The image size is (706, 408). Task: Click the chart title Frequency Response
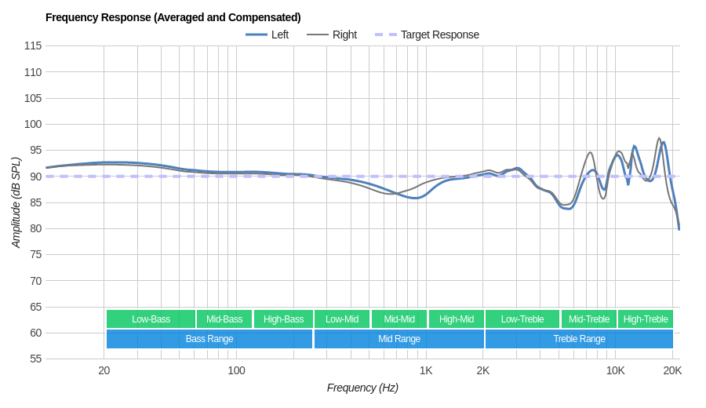(x=173, y=17)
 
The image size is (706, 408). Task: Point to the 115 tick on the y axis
(x=32, y=46)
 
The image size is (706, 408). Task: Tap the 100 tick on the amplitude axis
(x=32, y=124)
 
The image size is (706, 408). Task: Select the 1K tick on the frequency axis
(x=426, y=370)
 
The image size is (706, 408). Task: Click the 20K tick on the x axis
(x=672, y=370)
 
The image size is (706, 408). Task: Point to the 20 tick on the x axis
(x=104, y=370)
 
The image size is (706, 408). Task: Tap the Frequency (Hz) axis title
(x=362, y=388)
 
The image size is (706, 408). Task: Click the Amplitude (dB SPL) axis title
(x=16, y=202)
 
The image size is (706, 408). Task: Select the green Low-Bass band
(x=151, y=319)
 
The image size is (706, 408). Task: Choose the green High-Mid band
(x=457, y=319)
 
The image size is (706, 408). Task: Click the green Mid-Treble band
(x=589, y=319)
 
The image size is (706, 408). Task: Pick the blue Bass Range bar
(x=209, y=339)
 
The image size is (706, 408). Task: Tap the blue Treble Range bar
(x=579, y=339)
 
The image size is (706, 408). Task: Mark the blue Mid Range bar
(x=399, y=339)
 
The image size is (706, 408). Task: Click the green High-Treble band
(x=646, y=319)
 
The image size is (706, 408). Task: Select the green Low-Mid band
(x=342, y=319)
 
